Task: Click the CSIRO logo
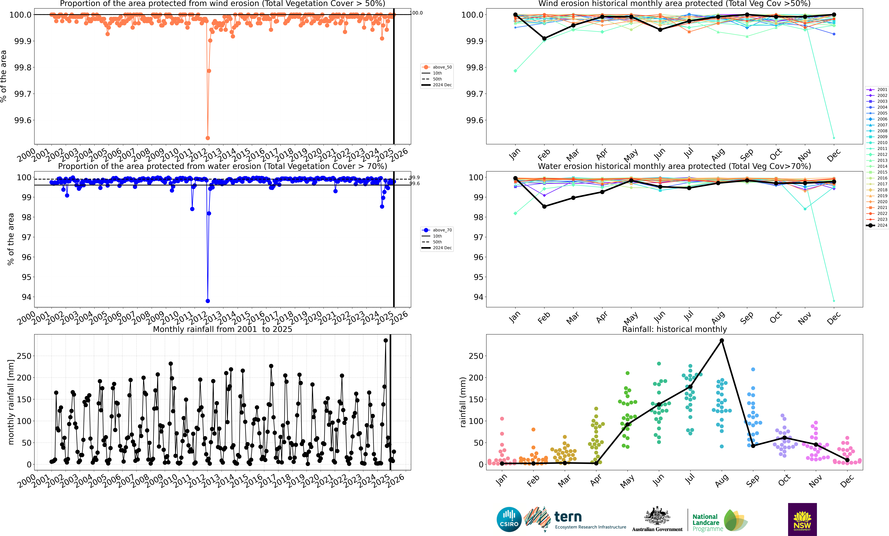point(509,519)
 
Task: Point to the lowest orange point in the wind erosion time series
point(207,138)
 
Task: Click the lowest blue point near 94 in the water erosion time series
point(207,301)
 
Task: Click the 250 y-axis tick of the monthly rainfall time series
point(24,356)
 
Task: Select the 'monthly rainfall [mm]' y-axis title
point(11,402)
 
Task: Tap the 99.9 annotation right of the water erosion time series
point(415,177)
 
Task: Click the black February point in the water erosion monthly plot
point(544,207)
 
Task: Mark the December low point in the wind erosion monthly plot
point(834,138)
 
